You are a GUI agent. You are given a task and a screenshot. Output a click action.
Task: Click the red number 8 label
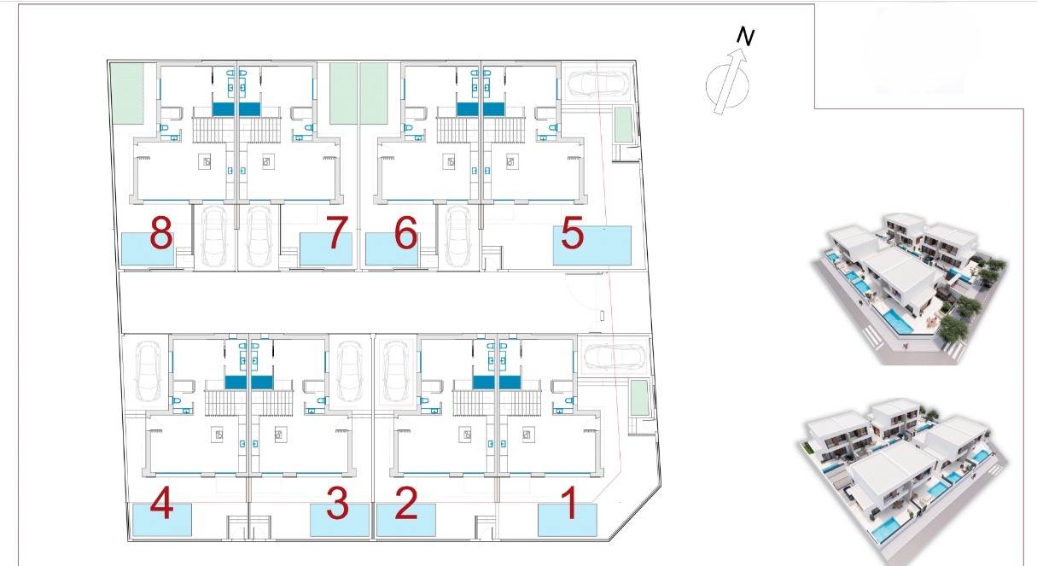coord(161,232)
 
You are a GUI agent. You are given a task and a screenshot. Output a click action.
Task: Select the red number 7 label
coord(336,232)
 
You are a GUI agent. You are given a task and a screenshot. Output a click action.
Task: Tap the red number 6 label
coord(405,232)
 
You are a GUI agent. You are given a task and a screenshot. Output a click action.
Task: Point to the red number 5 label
coord(572,233)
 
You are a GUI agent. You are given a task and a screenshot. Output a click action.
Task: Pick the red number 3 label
coord(337,503)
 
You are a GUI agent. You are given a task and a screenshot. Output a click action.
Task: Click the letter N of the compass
coord(745,36)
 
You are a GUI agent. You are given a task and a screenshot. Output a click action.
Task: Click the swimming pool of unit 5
coord(592,246)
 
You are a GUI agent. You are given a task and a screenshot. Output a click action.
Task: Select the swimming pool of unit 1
coord(567,521)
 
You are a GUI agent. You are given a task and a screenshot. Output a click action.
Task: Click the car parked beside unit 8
coord(214,236)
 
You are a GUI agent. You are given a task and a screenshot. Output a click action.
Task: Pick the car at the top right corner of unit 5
coord(597,84)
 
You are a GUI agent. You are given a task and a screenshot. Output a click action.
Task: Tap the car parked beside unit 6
coord(457,236)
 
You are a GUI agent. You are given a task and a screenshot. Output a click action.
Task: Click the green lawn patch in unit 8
coord(127,94)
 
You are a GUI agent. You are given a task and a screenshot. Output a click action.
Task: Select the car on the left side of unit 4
coord(149,372)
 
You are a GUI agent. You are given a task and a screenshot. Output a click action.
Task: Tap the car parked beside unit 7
coord(259,236)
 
